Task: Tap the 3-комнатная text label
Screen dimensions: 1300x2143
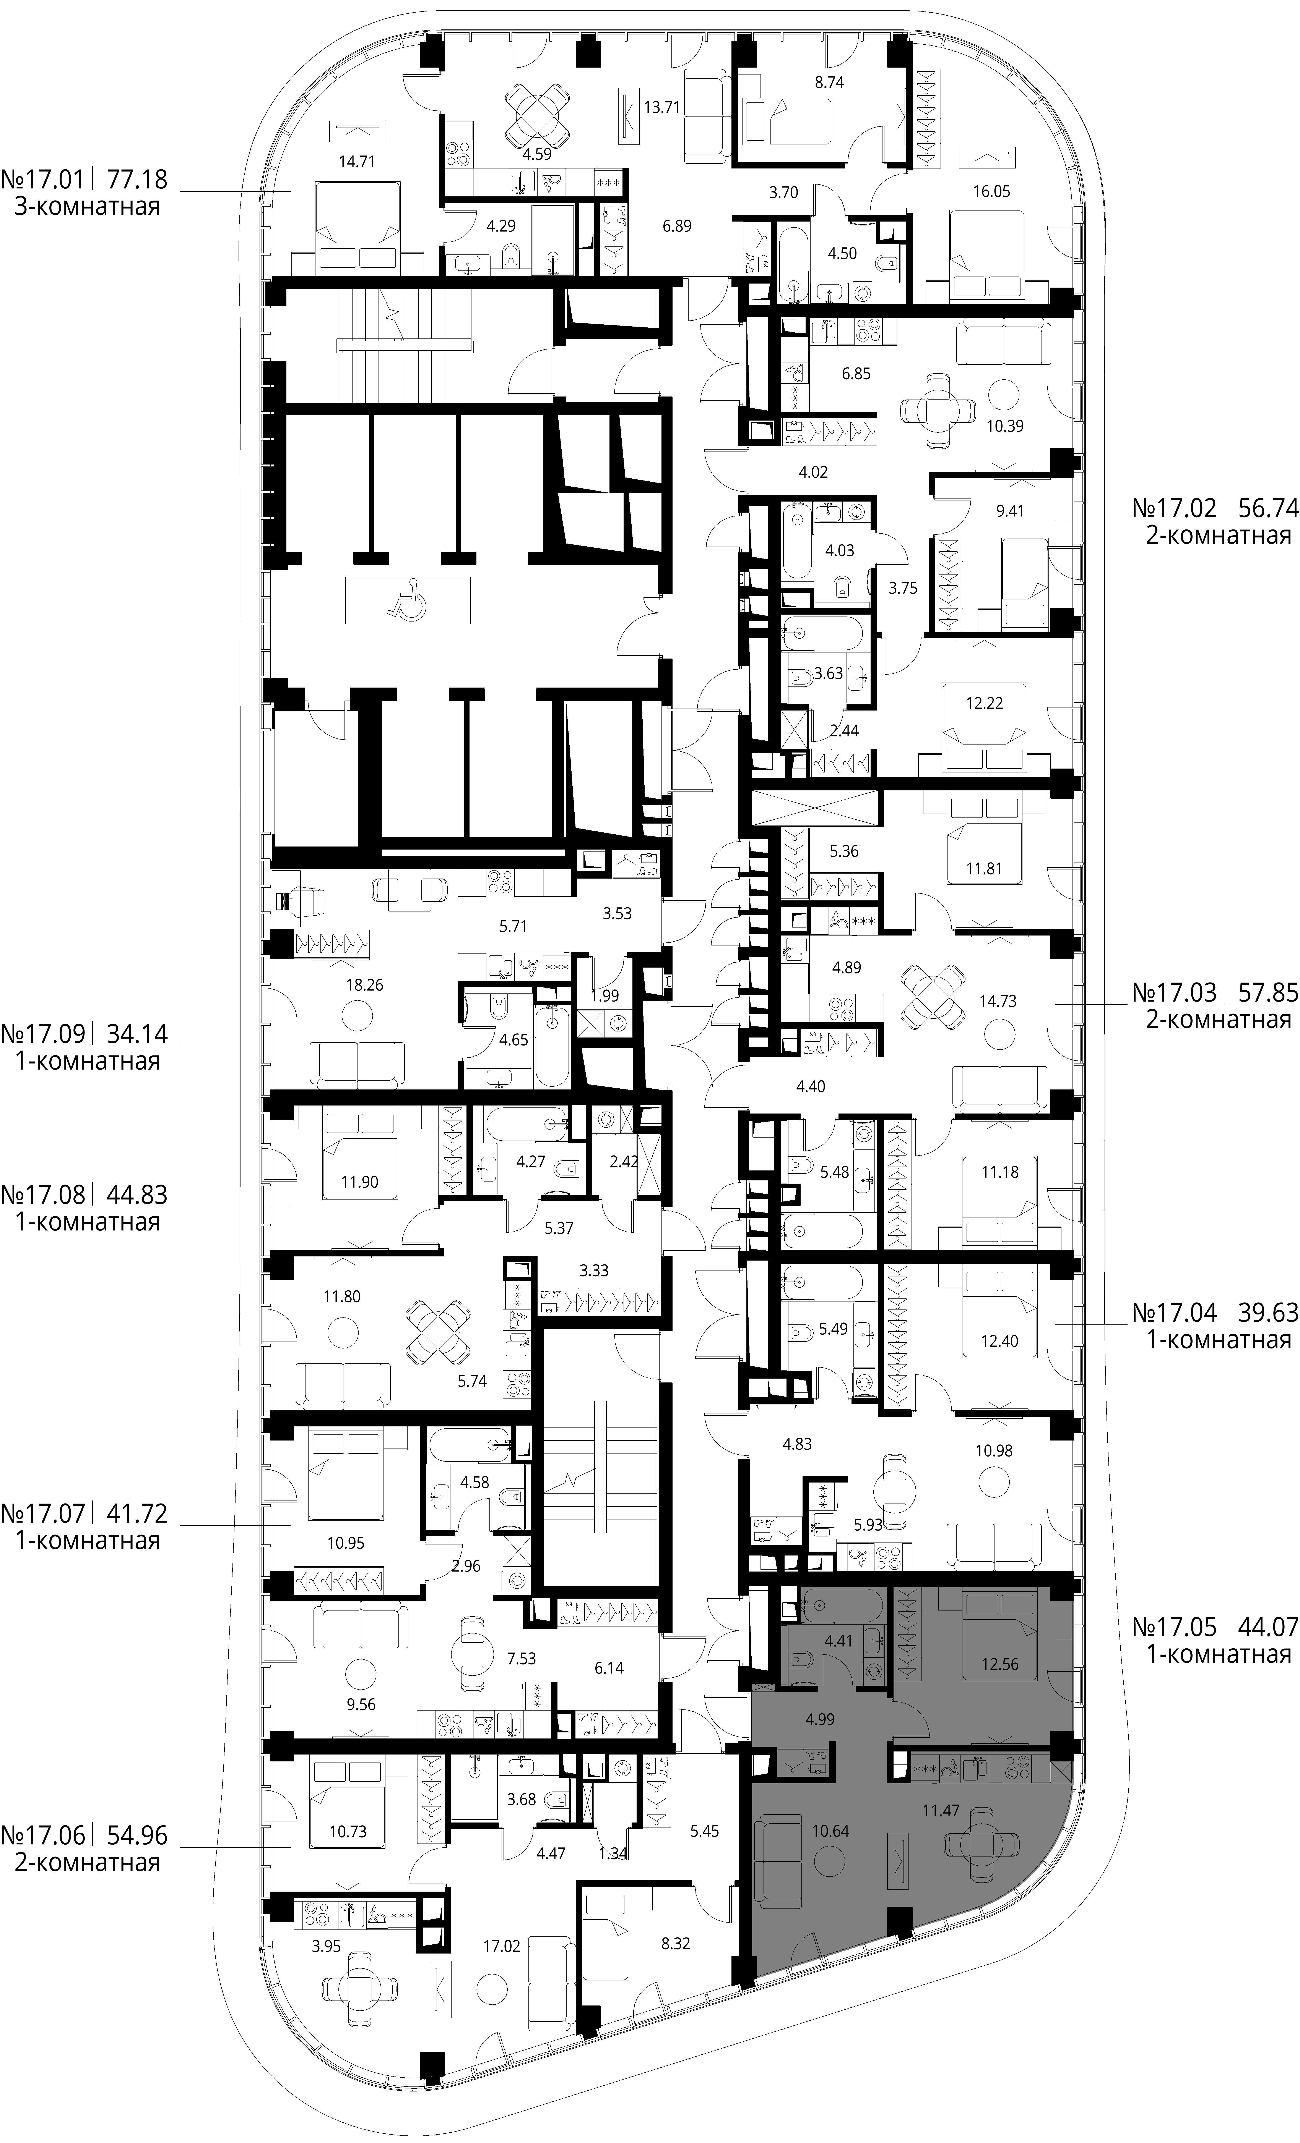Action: pos(87,207)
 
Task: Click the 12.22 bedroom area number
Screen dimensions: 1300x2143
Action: pos(984,703)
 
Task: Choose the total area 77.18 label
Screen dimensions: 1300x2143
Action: pos(137,180)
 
